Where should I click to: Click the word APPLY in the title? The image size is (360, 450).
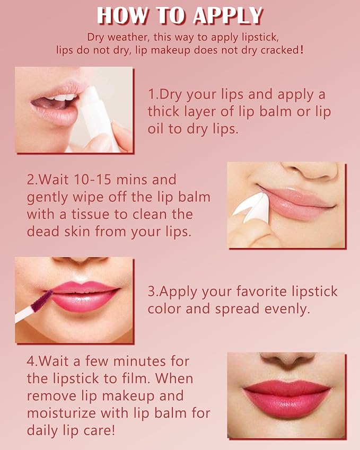click(228, 15)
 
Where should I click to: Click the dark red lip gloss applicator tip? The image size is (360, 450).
click(42, 301)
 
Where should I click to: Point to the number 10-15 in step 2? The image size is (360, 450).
click(92, 180)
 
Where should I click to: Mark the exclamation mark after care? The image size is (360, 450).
click(112, 430)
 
